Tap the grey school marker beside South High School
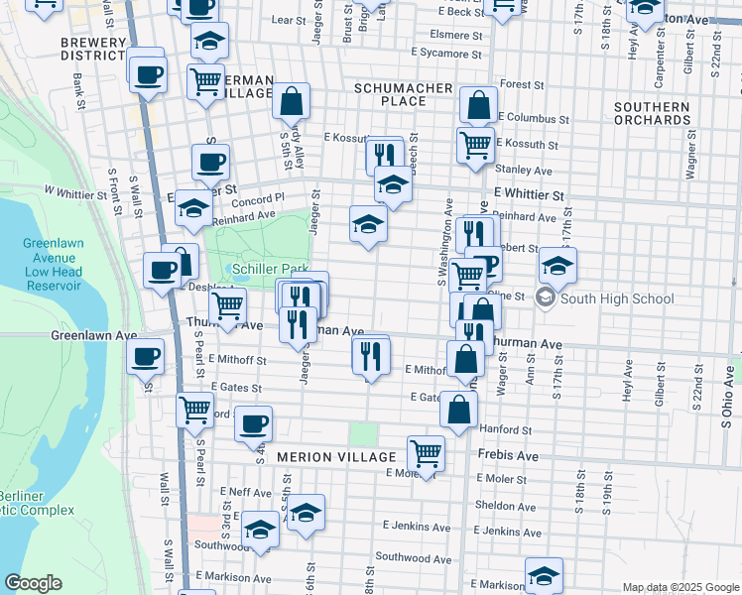[545, 297]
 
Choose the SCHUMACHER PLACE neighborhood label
[404, 95]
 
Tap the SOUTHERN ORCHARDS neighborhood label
[651, 113]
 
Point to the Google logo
[33, 583]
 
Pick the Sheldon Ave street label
[506, 505]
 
